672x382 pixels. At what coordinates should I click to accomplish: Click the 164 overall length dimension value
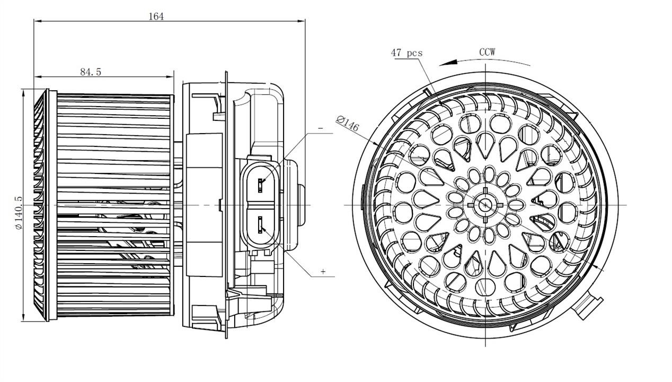(156, 16)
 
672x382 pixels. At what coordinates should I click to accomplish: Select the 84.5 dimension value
(91, 72)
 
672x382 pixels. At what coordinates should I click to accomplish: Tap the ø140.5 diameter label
(19, 213)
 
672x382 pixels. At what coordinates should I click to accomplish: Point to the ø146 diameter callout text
(348, 124)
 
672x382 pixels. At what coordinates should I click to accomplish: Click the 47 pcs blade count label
(406, 53)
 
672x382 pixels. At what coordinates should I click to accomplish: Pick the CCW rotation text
(487, 52)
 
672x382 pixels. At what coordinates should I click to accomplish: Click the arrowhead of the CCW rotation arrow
(448, 63)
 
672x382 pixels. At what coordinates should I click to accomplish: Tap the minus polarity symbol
(321, 128)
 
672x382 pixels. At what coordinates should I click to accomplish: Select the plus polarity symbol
(323, 272)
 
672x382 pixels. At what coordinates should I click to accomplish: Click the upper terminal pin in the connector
(260, 185)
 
